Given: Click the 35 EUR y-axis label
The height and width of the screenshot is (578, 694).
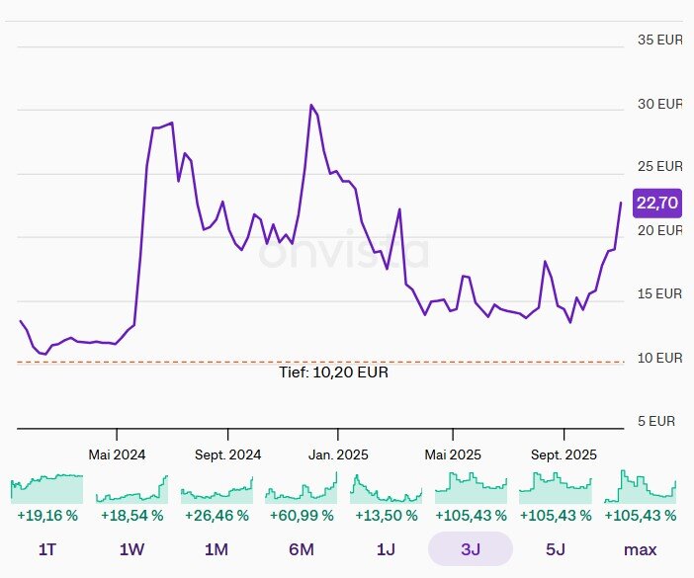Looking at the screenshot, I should click(x=659, y=41).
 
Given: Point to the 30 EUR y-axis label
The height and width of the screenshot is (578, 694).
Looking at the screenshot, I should click(x=659, y=104).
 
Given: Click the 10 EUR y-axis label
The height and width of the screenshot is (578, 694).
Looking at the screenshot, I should click(x=659, y=358).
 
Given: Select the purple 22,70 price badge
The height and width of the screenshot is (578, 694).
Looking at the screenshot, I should click(x=657, y=203).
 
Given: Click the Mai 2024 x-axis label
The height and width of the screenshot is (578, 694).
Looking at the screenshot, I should click(x=117, y=454).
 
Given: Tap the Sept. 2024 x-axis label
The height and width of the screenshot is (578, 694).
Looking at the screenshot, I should click(x=228, y=454).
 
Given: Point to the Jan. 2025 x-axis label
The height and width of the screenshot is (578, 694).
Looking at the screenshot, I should click(x=338, y=454).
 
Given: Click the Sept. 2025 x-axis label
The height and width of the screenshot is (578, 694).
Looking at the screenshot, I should click(x=564, y=454).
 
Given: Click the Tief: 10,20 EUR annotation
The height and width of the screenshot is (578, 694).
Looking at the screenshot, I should click(x=334, y=372).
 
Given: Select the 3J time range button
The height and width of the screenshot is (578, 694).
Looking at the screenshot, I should click(x=470, y=549).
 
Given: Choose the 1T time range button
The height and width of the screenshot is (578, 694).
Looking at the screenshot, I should click(x=47, y=549).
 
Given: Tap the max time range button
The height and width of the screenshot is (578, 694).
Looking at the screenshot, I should click(x=640, y=549).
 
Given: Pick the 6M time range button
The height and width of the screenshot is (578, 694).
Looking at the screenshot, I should click(x=302, y=549).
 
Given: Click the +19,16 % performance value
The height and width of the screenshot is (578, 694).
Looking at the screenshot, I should click(x=47, y=516).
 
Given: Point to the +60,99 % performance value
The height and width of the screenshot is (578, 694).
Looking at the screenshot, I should click(x=302, y=516).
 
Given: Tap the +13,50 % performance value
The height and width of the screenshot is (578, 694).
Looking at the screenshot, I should click(x=386, y=516).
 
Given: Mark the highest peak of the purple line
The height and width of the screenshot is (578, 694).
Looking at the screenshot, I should click(x=311, y=105).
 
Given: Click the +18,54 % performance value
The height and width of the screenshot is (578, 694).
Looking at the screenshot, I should click(x=131, y=516).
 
